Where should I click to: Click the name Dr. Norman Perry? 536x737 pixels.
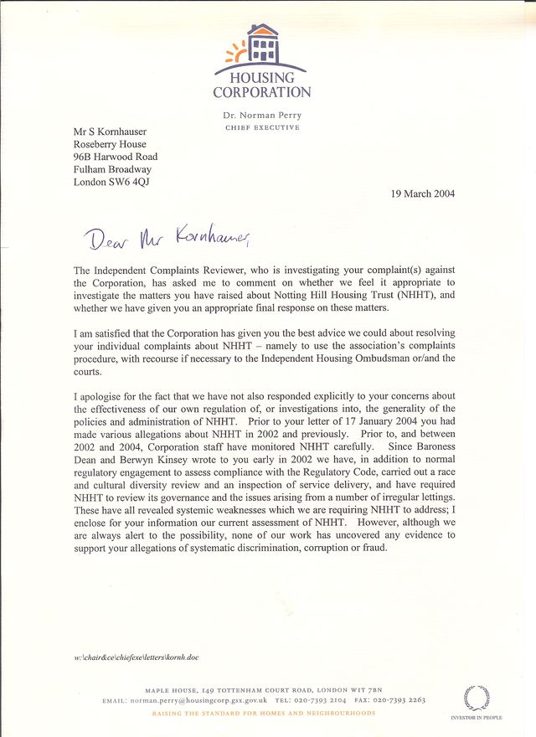[x=261, y=114]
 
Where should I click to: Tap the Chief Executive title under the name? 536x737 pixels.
[x=261, y=127]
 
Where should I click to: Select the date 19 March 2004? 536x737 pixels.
[x=423, y=193]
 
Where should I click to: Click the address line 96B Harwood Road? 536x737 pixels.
[x=115, y=157]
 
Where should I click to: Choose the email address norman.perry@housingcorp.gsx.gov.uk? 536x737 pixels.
[x=198, y=699]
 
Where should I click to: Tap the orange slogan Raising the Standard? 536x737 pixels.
[x=263, y=713]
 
